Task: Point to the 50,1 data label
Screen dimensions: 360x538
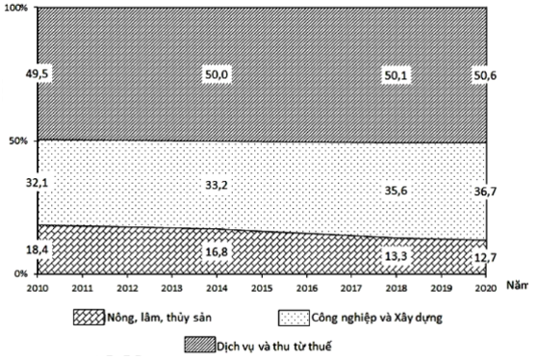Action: (396, 73)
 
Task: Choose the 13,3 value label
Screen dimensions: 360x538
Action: (396, 256)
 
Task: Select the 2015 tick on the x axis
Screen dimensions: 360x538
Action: (260, 287)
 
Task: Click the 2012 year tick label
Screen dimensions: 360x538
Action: (126, 287)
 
